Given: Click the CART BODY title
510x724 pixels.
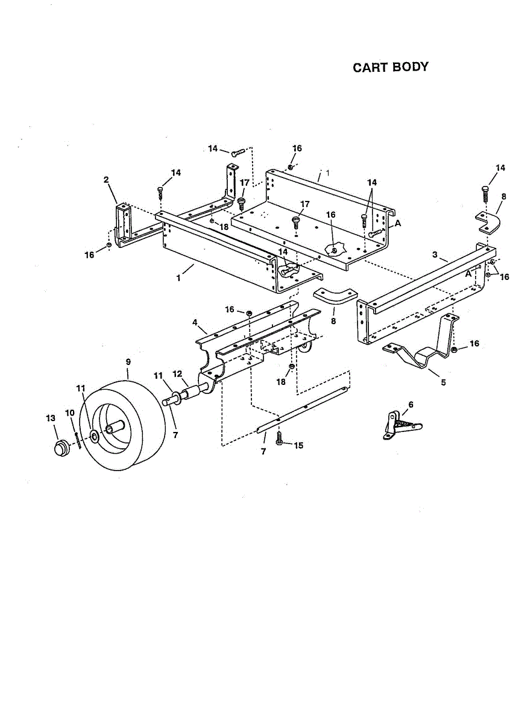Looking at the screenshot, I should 391,67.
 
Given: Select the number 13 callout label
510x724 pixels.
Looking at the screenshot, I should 50,418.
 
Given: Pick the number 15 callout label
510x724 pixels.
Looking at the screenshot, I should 298,445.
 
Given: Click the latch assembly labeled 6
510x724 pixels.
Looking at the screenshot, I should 398,425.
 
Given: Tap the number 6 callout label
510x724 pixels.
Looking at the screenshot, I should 411,404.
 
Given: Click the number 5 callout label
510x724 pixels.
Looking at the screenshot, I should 443,383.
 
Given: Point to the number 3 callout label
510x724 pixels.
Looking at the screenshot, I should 435,255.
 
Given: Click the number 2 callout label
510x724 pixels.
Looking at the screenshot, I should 106,179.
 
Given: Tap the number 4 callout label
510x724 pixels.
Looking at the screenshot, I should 195,323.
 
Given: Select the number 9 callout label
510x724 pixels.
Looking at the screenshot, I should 128,361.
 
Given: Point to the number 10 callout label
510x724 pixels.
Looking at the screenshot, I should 70,413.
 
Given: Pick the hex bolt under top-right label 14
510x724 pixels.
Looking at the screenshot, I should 485,194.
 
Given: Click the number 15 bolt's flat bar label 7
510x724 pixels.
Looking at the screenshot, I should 263,451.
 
